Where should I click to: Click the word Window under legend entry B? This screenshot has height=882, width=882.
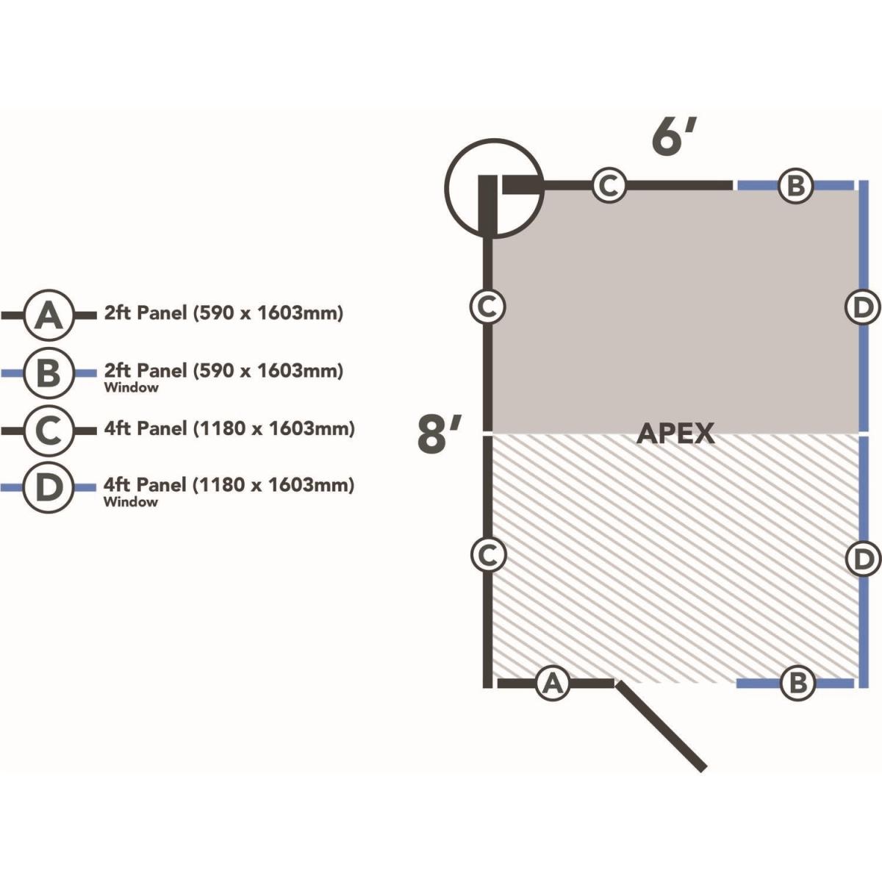click(131, 388)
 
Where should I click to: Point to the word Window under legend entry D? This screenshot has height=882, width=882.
click(131, 503)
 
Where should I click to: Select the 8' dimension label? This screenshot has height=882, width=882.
click(439, 435)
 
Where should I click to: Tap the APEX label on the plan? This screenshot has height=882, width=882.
click(675, 434)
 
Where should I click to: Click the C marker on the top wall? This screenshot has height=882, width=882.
click(609, 185)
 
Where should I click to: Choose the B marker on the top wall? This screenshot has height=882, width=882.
click(795, 185)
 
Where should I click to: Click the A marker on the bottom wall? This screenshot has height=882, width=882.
click(553, 683)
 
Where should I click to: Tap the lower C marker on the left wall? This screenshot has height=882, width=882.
click(487, 555)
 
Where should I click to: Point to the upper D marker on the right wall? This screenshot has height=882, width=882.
click(861, 307)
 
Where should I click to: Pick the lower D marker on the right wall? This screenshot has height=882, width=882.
click(861, 559)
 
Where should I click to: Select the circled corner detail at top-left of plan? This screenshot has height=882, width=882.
click(494, 188)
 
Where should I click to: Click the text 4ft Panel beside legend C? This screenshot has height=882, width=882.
click(146, 429)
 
